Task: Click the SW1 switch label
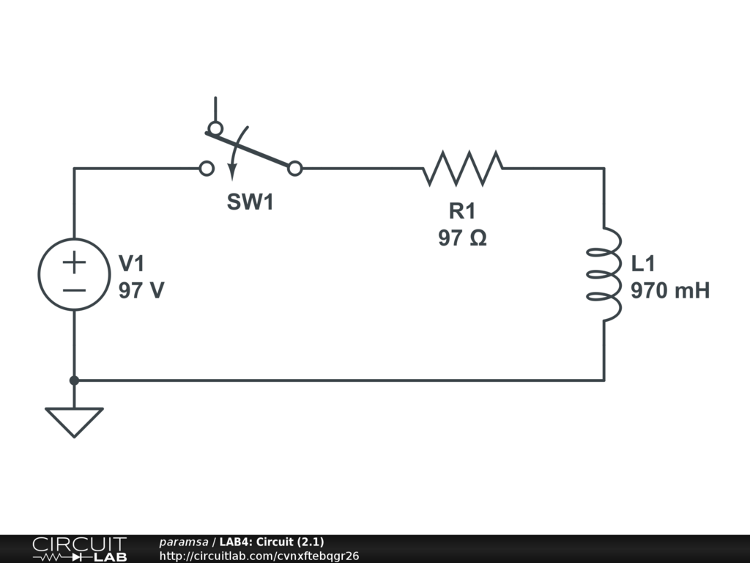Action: tap(250, 202)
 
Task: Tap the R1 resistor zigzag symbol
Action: tap(462, 169)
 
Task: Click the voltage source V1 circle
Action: tap(74, 274)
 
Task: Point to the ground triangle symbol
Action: tap(74, 421)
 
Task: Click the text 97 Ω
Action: tap(462, 238)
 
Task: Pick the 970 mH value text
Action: tap(670, 291)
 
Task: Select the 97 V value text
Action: tap(141, 291)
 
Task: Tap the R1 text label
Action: tap(462, 212)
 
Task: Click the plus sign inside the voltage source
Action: tap(74, 262)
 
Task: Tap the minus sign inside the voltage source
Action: tap(74, 289)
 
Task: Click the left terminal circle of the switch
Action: tap(207, 169)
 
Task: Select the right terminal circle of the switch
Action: tap(294, 169)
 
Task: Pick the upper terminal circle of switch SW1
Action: tap(215, 129)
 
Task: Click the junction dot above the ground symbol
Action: tap(74, 380)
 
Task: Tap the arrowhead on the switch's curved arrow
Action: tap(232, 173)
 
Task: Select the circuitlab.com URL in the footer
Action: tap(259, 556)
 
